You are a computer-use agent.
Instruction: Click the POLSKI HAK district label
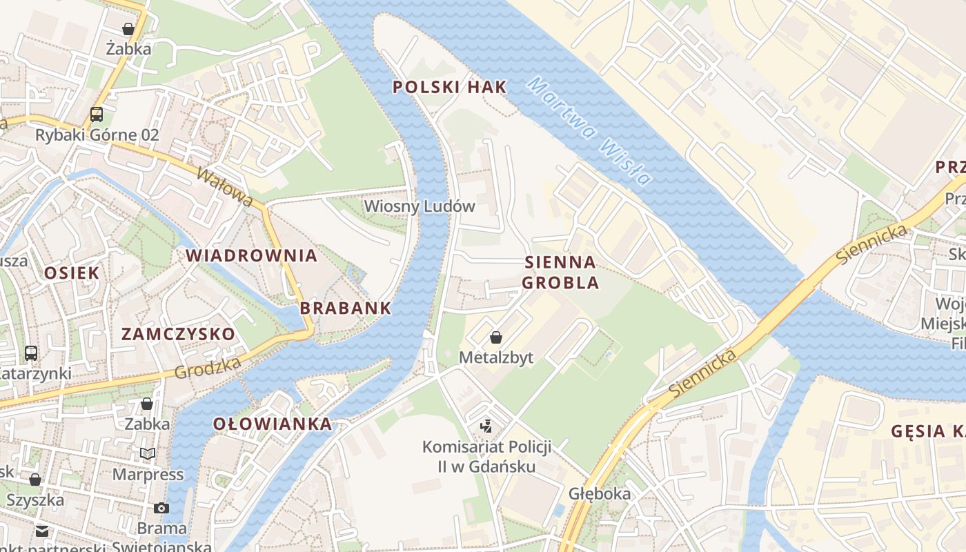click(x=449, y=87)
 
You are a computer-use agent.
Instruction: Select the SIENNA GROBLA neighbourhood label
click(x=560, y=273)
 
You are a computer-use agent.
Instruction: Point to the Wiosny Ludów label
click(x=420, y=206)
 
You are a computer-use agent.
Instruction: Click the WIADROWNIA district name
click(x=251, y=256)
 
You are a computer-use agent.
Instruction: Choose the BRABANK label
click(x=346, y=308)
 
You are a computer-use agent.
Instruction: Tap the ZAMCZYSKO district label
click(x=178, y=335)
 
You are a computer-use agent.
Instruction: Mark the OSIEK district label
click(x=72, y=273)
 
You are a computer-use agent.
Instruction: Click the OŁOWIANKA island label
click(x=272, y=424)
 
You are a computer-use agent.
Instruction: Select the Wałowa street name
click(x=224, y=186)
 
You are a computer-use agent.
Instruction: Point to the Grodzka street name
click(x=208, y=368)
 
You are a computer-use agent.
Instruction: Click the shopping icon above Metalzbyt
click(x=495, y=337)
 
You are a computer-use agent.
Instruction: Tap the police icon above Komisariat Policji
click(x=486, y=426)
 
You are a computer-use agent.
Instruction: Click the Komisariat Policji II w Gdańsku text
click(x=486, y=457)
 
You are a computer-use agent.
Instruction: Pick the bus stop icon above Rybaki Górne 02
click(x=97, y=115)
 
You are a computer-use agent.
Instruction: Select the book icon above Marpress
click(x=148, y=453)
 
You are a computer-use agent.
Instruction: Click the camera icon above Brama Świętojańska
click(x=161, y=509)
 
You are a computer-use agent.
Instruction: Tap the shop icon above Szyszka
click(x=35, y=480)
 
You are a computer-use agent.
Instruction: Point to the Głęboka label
click(x=600, y=494)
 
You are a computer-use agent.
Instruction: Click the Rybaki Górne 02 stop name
click(x=97, y=135)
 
